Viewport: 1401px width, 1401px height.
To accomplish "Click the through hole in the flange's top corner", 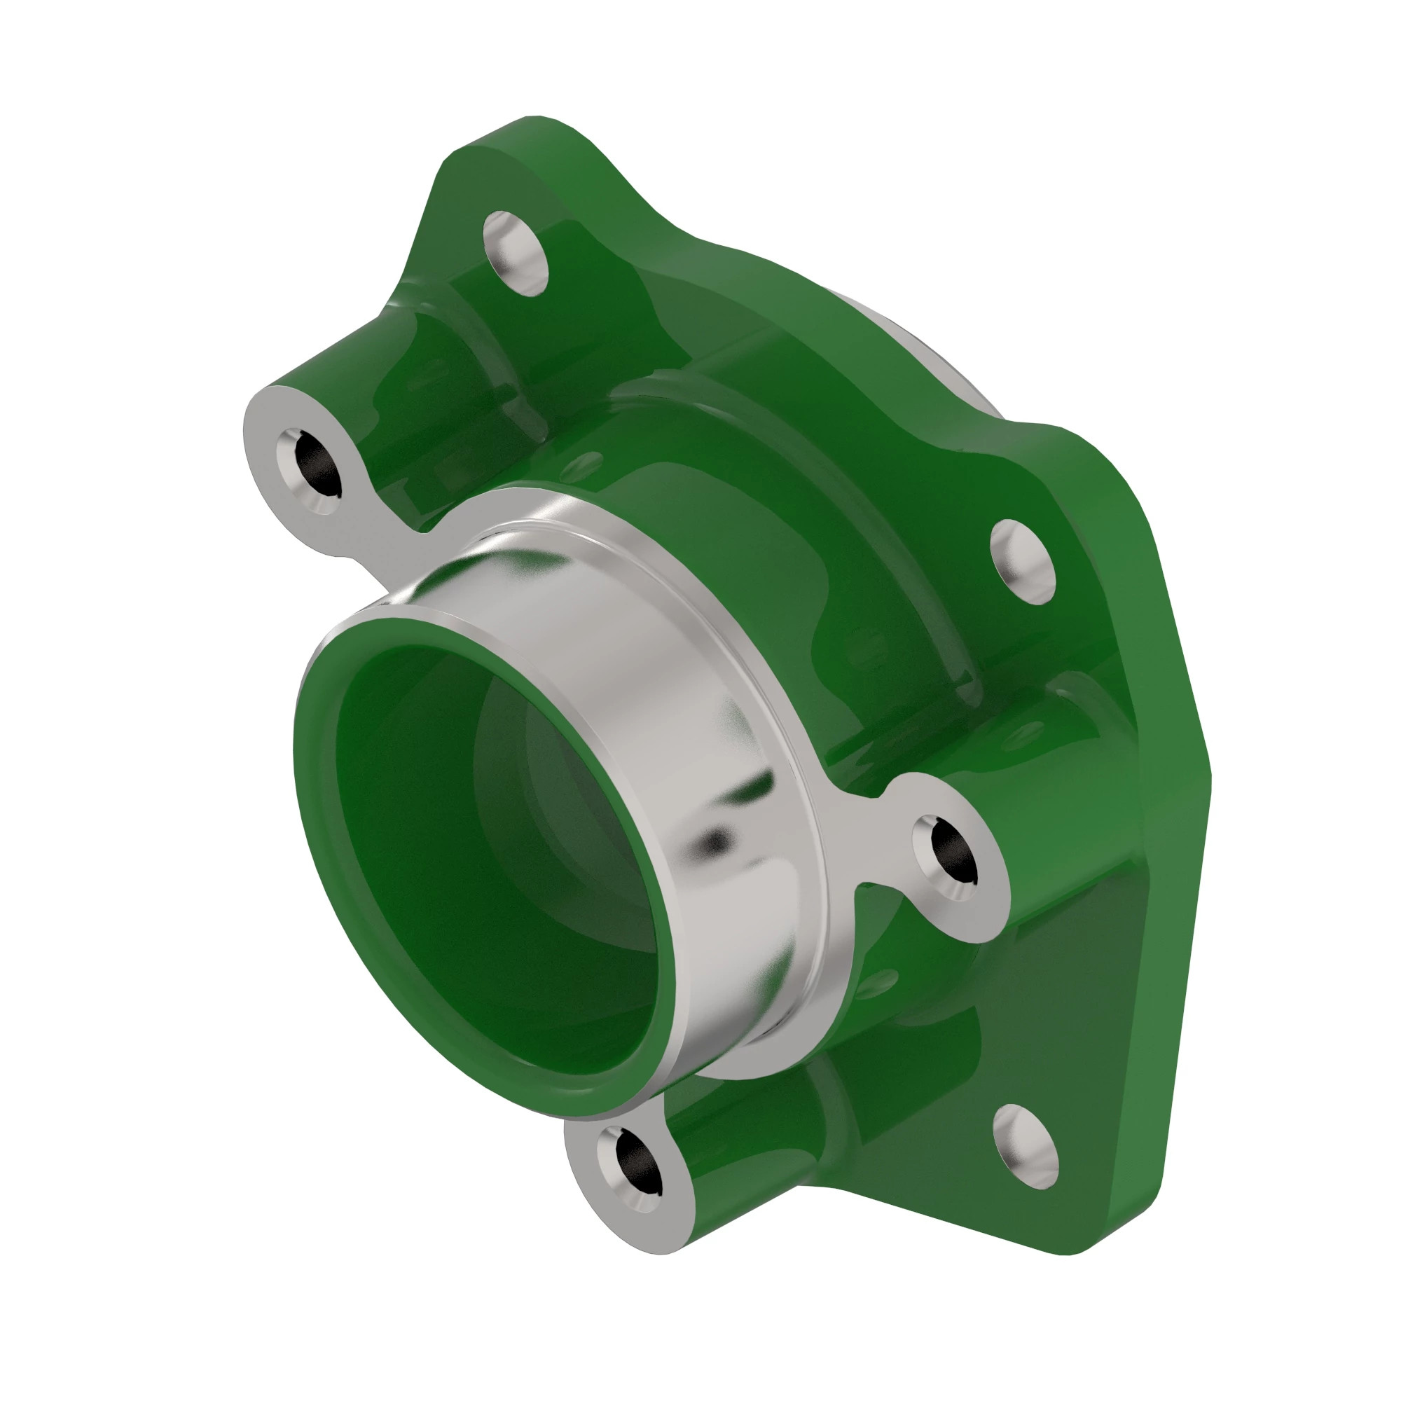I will tap(516, 253).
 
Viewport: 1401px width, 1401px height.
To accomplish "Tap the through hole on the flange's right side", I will tap(1023, 561).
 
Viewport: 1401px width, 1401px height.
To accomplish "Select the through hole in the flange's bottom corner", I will tap(1026, 1147).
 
